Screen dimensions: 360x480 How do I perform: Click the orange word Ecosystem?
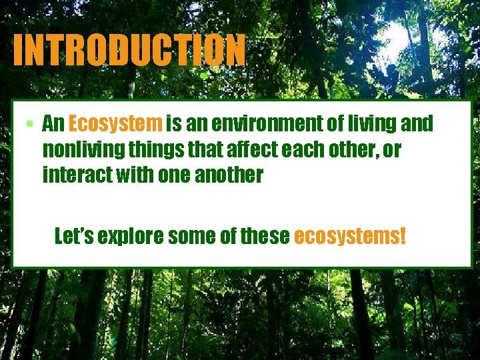[115, 124]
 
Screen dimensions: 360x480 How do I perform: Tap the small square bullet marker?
[30, 125]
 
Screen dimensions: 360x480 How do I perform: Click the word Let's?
[73, 236]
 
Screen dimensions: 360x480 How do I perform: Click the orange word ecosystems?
[346, 236]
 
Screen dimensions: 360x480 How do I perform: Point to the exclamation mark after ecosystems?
[402, 236]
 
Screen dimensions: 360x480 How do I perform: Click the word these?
[267, 236]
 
